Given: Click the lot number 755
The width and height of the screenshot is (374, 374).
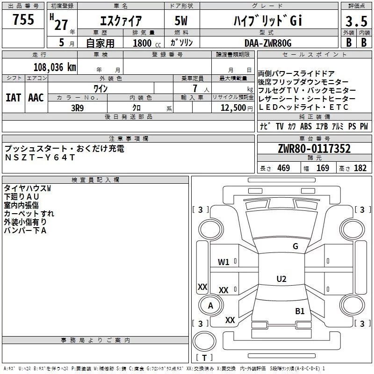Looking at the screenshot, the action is pos(23,19).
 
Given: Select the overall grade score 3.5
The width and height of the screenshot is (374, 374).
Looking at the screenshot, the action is pos(356,22).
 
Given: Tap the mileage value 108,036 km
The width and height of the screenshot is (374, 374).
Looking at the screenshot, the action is pos(55,67).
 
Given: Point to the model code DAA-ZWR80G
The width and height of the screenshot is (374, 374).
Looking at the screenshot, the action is pos(268,43).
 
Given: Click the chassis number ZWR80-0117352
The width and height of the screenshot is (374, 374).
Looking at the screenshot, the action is pos(314,149).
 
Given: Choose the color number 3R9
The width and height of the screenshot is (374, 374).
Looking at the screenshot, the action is pos(78,108).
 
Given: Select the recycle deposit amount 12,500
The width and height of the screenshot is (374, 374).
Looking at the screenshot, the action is pos(233,108).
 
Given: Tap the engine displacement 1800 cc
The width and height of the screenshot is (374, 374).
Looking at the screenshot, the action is pos(147,43).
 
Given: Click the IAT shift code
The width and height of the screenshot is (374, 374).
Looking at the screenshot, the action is pos(14,98).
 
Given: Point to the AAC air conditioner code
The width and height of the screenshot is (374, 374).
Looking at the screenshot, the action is pos(36,98).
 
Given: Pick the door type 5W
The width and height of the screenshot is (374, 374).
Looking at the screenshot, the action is pos(181,21).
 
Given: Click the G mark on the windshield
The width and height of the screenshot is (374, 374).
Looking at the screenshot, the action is pos(295,246).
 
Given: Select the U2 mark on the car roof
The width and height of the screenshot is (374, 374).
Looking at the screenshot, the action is pos(281,279).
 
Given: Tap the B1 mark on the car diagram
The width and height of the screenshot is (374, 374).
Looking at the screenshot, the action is pos(300,311).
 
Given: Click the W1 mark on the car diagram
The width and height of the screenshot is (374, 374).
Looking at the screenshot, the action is pos(223,262).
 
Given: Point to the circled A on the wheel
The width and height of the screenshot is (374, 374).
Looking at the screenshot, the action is pos(210,306).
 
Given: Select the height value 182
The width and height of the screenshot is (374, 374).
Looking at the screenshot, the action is pos(360,168).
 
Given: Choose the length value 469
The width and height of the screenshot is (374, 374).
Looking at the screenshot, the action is pos(284,168).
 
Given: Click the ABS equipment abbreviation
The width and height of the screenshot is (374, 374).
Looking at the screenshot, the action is pos(306,126).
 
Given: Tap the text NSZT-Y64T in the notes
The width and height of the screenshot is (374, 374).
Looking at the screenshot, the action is pos(40,158).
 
